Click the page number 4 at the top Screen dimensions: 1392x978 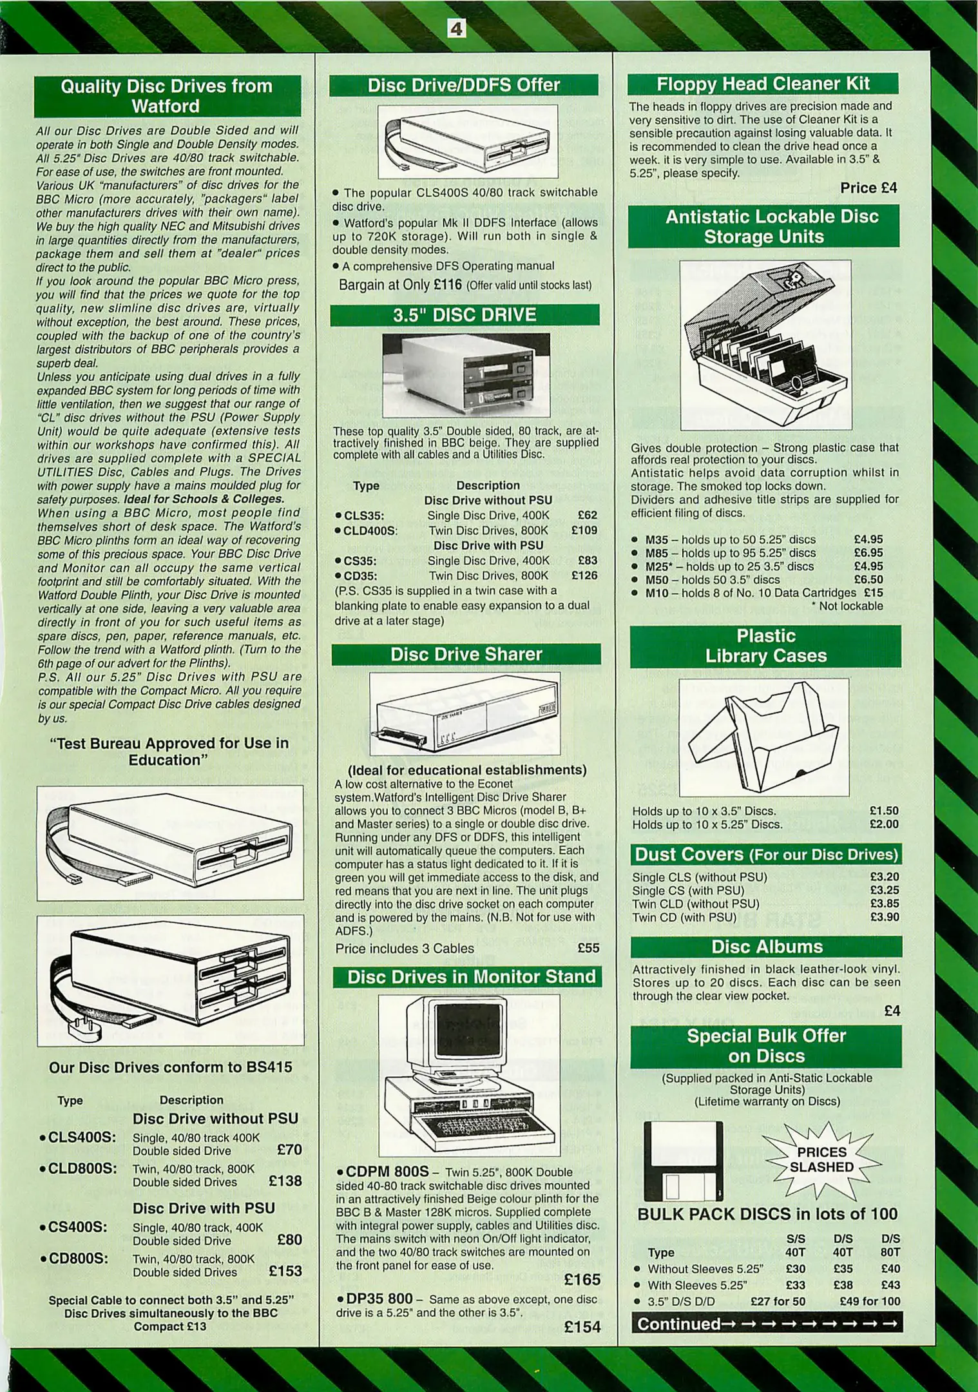[456, 28]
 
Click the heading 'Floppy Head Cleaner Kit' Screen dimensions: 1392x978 [763, 84]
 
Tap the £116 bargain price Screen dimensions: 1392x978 [447, 285]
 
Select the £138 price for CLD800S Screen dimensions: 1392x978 [285, 1181]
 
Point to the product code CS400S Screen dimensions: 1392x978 [78, 1227]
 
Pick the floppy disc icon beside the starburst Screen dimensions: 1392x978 [683, 1161]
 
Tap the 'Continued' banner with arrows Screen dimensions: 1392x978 [766, 1324]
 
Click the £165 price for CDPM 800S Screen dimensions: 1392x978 [582, 1279]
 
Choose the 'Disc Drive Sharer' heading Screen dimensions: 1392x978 [466, 654]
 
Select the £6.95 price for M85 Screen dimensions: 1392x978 [868, 553]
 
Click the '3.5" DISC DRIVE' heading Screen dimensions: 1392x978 [465, 314]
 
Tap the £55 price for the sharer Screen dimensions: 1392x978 [588, 948]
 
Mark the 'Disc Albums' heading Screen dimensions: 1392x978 [766, 947]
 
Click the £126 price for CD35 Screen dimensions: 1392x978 [584, 575]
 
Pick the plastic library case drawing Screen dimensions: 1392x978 [764, 737]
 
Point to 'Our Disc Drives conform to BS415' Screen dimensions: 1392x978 [170, 1067]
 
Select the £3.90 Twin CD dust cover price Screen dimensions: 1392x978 [884, 917]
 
